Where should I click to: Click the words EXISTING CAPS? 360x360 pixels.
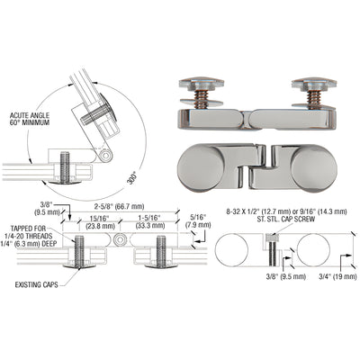click(x=37, y=286)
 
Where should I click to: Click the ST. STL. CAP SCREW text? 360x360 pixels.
click(x=280, y=206)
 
